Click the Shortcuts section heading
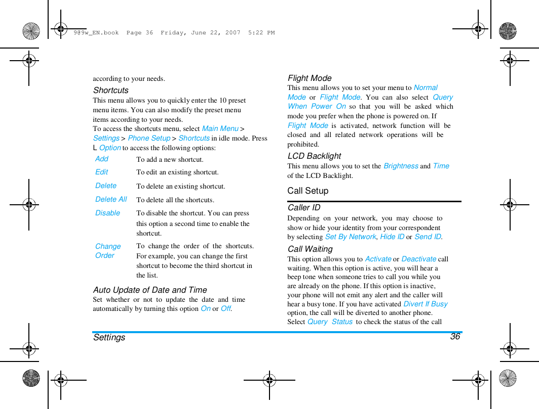(111, 90)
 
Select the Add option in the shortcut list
(102, 159)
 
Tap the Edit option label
(102, 172)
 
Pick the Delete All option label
(111, 199)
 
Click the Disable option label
(108, 213)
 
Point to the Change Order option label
(108, 251)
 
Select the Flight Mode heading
(310, 78)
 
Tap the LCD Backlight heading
(314, 156)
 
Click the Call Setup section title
(308, 191)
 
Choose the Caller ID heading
(304, 208)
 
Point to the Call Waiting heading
(310, 249)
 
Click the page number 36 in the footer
(455, 337)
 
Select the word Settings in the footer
(109, 337)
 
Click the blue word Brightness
(401, 166)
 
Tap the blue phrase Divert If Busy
(426, 304)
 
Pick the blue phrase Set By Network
(351, 237)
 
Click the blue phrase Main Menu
(220, 129)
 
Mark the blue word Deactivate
(419, 259)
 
